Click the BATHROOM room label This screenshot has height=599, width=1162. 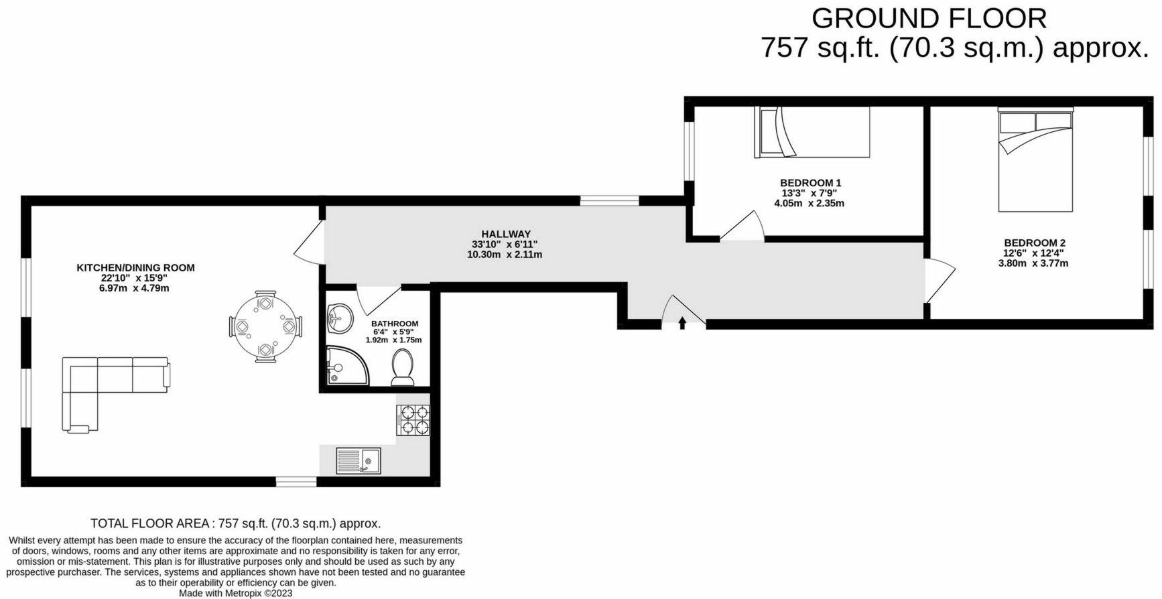pyautogui.click(x=395, y=324)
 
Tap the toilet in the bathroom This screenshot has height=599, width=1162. pyautogui.click(x=403, y=368)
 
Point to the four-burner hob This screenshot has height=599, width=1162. pyautogui.click(x=413, y=420)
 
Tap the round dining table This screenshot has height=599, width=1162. pyautogui.click(x=265, y=327)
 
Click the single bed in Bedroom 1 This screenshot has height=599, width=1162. pyautogui.click(x=812, y=132)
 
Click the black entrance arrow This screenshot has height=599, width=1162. pyautogui.click(x=682, y=324)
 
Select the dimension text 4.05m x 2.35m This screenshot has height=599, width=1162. pyautogui.click(x=809, y=203)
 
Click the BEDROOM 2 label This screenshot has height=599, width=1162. pyautogui.click(x=1034, y=243)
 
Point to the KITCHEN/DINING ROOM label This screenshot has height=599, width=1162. pyautogui.click(x=135, y=267)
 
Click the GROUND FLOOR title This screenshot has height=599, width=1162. pyautogui.click(x=929, y=19)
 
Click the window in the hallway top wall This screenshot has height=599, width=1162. pyautogui.click(x=609, y=200)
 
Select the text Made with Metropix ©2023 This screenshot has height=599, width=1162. pyautogui.click(x=235, y=593)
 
